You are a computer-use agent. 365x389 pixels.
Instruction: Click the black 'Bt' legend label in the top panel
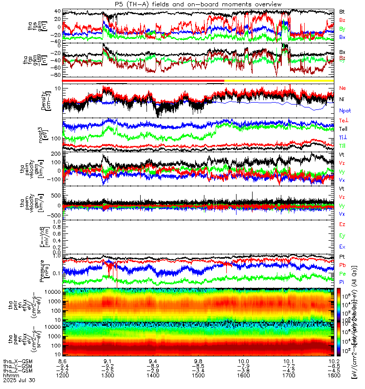[342, 11]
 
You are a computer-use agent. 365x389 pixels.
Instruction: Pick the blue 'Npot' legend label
[344, 110]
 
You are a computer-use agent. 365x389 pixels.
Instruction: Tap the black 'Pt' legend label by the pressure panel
[342, 256]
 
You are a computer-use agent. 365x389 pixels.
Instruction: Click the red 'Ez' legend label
[342, 224]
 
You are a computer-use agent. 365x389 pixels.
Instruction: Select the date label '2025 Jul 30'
[17, 382]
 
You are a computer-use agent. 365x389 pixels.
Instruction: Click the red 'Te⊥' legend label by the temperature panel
[343, 120]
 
